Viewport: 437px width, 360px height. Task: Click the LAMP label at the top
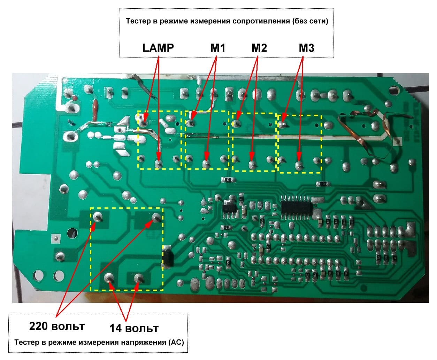(x=158, y=48)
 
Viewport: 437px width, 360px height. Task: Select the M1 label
(x=218, y=48)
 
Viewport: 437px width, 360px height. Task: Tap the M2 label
(x=259, y=48)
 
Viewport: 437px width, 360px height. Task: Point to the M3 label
(x=306, y=48)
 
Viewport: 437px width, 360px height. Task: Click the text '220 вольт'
(x=57, y=326)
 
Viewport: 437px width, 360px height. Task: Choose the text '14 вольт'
(x=134, y=328)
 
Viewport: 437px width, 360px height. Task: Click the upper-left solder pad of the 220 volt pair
(x=97, y=217)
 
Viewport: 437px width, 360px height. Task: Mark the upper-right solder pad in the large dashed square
(x=156, y=217)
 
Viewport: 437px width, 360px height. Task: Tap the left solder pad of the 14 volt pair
(x=109, y=278)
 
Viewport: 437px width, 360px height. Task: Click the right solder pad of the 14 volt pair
(x=140, y=278)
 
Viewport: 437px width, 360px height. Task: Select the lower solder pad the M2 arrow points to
(x=253, y=164)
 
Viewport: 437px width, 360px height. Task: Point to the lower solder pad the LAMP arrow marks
(x=159, y=163)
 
